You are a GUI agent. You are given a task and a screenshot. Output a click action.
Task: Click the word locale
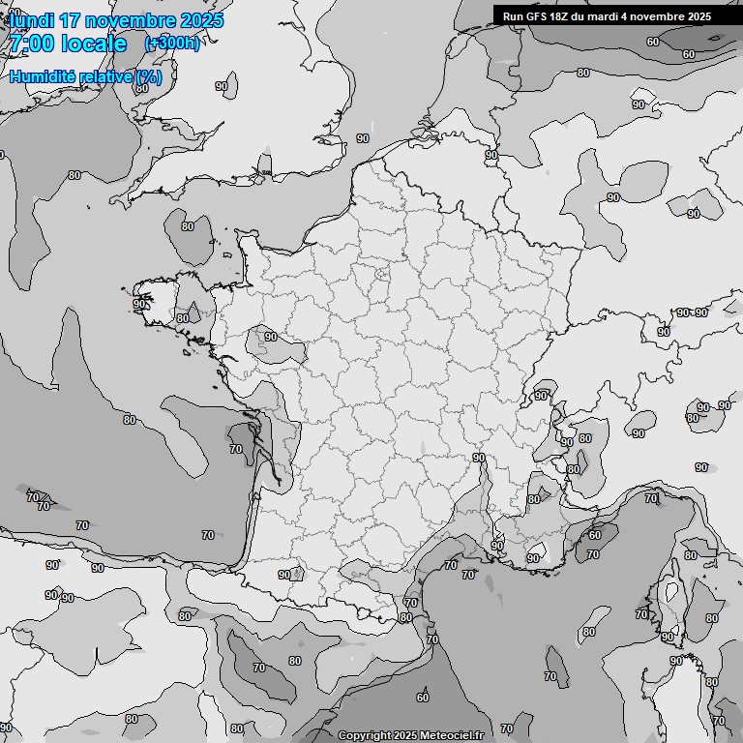(95, 44)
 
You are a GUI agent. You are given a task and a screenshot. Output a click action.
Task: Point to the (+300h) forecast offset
(172, 44)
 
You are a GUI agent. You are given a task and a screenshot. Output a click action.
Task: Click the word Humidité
(44, 77)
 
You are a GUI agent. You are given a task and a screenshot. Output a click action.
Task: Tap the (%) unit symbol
(149, 77)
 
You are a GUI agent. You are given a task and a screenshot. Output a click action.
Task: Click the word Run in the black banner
(514, 16)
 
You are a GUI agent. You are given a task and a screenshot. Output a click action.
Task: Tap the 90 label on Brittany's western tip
(140, 304)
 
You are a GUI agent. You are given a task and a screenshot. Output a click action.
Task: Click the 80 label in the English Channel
(188, 227)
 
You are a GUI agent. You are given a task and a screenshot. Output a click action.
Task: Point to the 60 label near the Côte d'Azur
(595, 535)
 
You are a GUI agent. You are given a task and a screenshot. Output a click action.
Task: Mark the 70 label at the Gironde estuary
(236, 450)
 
